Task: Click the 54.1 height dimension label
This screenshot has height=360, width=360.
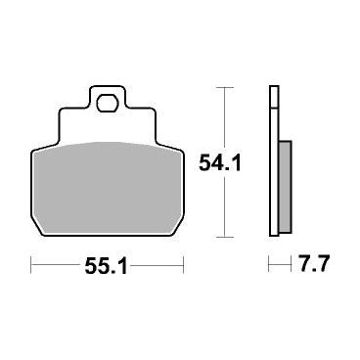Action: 220,163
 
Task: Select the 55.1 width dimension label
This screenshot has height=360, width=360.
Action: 106,266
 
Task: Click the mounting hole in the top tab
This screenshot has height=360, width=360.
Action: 107,103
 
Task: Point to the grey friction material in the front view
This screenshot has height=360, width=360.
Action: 108,188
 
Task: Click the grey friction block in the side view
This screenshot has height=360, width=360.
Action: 286,187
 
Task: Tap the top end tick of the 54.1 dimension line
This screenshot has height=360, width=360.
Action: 225,88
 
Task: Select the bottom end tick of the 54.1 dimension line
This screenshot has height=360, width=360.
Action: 225,237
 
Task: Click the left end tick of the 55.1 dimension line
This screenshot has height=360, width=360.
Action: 31,265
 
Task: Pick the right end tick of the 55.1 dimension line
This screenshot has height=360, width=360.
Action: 184,265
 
